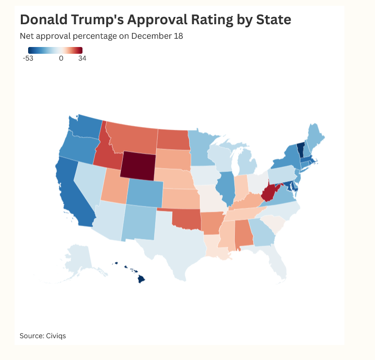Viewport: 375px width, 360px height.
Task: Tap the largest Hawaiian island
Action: (x=141, y=279)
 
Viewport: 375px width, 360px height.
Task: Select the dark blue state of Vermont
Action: (x=300, y=148)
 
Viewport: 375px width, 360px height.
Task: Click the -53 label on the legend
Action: (x=28, y=59)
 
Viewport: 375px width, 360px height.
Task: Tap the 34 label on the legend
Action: (x=82, y=59)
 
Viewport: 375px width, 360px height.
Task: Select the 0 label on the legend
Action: (x=61, y=59)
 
